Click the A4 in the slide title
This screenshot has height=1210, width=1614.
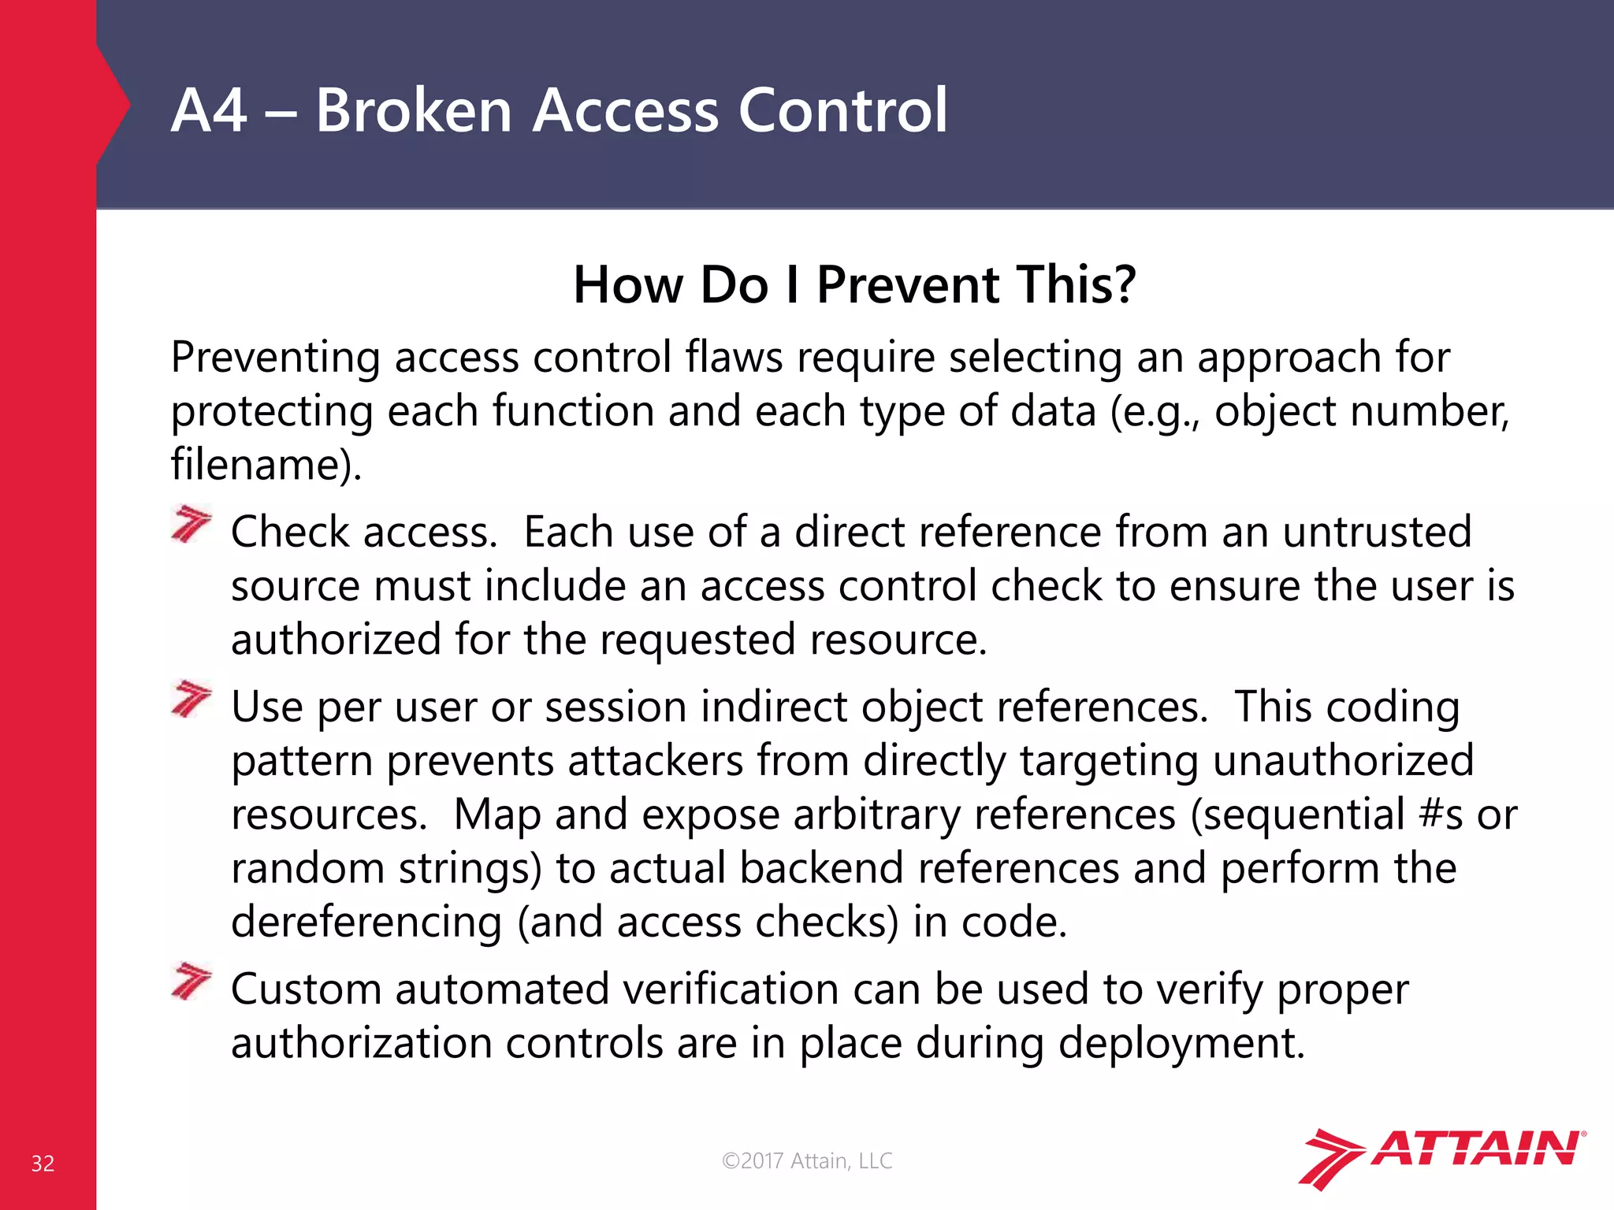(x=209, y=110)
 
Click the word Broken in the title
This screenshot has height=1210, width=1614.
(x=413, y=110)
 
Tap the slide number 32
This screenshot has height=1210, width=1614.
(x=43, y=1164)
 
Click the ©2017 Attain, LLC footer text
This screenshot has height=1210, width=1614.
(x=807, y=1160)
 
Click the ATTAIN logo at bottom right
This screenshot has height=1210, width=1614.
(x=1441, y=1157)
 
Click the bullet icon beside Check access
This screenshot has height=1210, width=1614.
(x=191, y=525)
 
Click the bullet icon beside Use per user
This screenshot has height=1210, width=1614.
(x=191, y=700)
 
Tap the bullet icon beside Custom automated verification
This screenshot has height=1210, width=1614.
(x=191, y=982)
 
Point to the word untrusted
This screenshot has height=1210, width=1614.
(x=1376, y=532)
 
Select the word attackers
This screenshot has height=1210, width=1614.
(x=655, y=761)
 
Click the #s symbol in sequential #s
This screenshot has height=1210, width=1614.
(x=1441, y=815)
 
